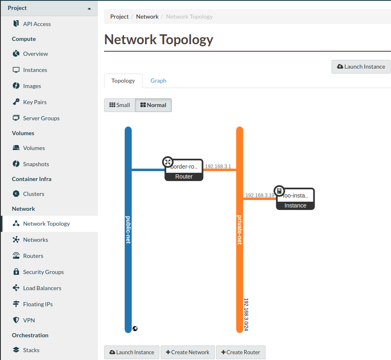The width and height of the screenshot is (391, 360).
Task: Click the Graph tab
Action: [158, 81]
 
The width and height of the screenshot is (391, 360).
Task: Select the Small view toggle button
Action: [119, 105]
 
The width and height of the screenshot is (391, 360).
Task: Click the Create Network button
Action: [187, 353]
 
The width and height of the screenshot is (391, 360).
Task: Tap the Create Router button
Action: [240, 353]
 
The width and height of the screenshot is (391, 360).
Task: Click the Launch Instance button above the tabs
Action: [361, 67]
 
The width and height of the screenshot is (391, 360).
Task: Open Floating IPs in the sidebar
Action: [38, 304]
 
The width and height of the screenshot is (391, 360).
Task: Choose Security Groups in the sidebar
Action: [43, 272]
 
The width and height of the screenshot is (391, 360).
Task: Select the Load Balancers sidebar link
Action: [42, 288]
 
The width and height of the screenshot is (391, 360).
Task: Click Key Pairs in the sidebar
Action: [35, 102]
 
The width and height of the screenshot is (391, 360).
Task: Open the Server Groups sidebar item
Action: [41, 118]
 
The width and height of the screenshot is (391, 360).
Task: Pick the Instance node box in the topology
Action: [296, 199]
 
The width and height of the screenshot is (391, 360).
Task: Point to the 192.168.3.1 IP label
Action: [218, 167]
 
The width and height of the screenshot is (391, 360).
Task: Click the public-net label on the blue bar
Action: [128, 229]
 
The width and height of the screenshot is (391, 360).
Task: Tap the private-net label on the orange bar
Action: [239, 229]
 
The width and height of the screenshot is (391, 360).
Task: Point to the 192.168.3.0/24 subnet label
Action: [246, 315]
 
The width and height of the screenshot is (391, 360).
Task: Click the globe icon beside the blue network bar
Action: [135, 329]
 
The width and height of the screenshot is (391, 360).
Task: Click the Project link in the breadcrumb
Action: [119, 17]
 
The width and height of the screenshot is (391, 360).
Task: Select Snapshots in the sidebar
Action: [36, 164]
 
